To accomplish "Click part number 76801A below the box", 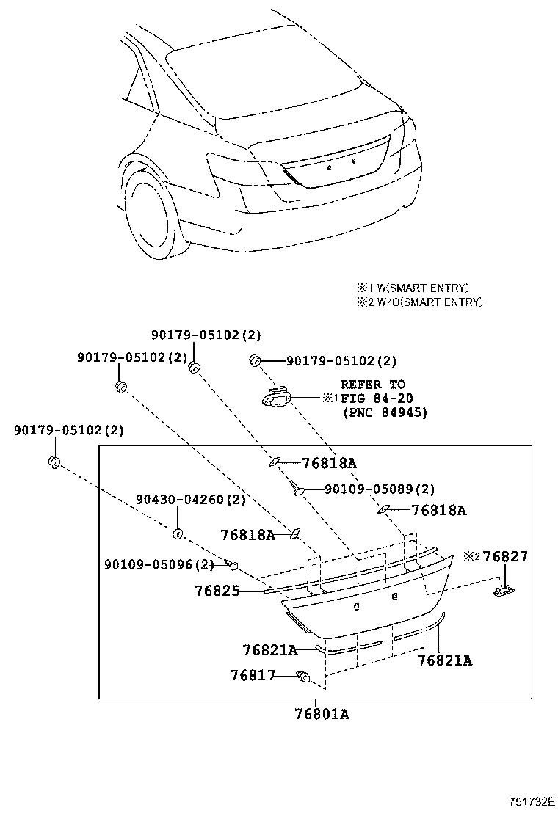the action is click(x=322, y=714).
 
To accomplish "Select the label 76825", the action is click(x=217, y=591).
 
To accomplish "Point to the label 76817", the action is click(x=253, y=675).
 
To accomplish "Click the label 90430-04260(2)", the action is click(x=190, y=500).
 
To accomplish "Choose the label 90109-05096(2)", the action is click(x=159, y=564).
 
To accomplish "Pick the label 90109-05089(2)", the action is click(x=380, y=489).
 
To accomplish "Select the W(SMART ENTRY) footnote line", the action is click(x=412, y=288).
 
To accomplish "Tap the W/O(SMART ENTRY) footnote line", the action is click(x=419, y=302).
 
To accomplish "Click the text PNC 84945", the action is click(x=385, y=412).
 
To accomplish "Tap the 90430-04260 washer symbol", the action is click(x=177, y=533).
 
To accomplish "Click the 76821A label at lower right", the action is click(x=444, y=660).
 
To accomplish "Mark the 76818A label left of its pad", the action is click(x=247, y=535).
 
